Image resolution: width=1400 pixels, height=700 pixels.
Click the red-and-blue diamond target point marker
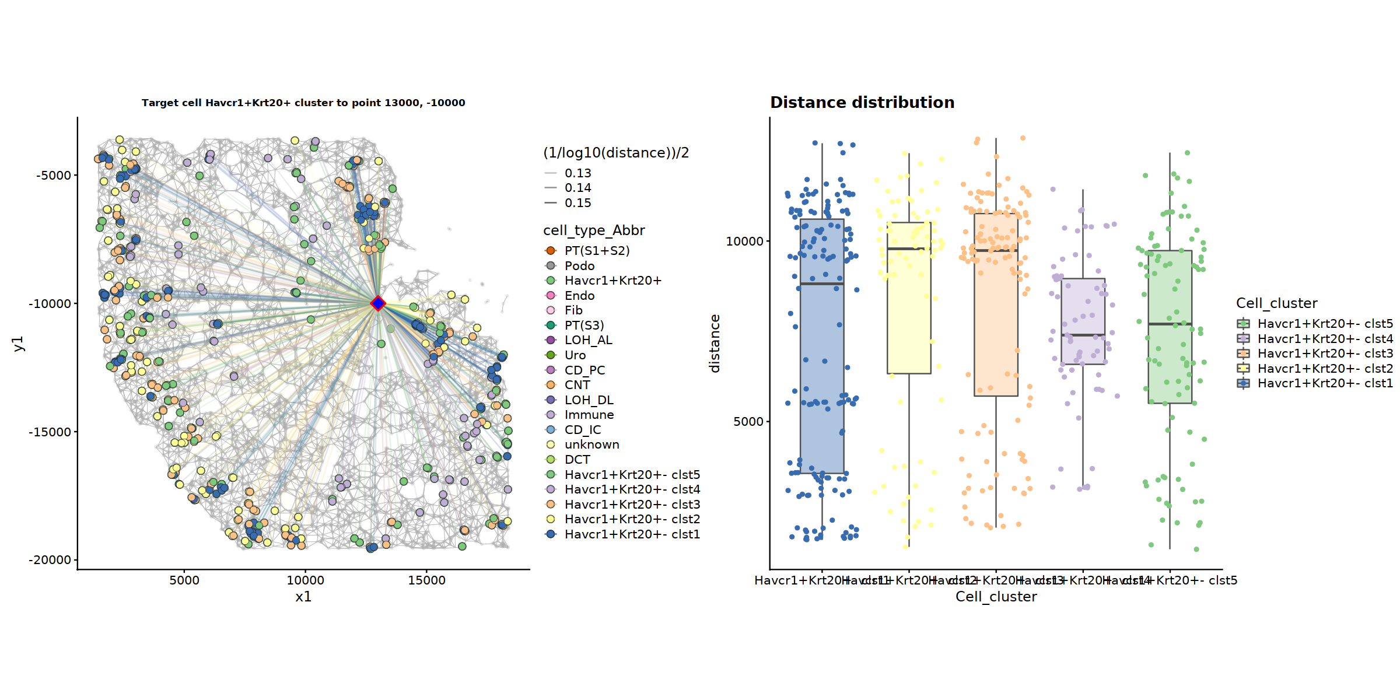click(378, 303)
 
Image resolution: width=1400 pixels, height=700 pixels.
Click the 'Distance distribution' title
click(862, 103)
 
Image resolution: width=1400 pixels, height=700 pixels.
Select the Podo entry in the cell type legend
click(579, 266)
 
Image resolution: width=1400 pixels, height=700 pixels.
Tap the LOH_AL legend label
click(588, 340)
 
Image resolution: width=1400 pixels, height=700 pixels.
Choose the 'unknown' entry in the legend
click(591, 444)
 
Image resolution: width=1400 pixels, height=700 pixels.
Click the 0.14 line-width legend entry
click(577, 188)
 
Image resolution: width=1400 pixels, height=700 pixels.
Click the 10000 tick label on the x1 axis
click(305, 580)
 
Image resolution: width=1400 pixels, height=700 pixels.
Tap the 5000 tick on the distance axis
click(748, 421)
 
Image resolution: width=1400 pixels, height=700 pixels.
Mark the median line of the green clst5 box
click(1170, 324)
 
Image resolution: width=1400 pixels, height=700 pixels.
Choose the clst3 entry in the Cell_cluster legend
click(1325, 353)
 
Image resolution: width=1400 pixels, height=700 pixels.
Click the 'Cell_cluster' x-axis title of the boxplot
click(996, 597)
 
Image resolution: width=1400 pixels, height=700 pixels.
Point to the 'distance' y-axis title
click(715, 343)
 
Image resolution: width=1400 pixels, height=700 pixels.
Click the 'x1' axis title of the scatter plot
click(303, 597)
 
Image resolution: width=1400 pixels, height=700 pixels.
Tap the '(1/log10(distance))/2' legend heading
click(615, 153)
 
